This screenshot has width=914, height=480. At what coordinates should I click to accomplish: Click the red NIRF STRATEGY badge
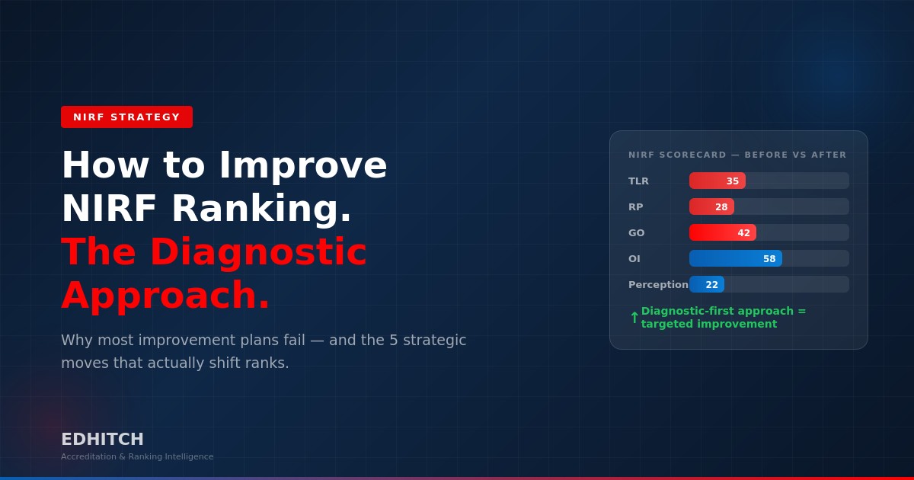pyautogui.click(x=126, y=117)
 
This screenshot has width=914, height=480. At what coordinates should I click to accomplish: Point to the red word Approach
pyautogui.click(x=165, y=296)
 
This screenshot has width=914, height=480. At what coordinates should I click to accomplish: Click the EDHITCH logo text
pyautogui.click(x=102, y=440)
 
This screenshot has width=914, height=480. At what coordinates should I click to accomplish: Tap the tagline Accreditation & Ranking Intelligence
pyautogui.click(x=137, y=456)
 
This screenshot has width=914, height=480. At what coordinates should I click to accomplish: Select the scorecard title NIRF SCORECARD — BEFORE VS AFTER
pyautogui.click(x=737, y=155)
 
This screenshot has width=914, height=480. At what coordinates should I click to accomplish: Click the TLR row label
pyautogui.click(x=638, y=181)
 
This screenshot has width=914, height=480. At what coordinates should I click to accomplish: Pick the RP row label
pyautogui.click(x=635, y=206)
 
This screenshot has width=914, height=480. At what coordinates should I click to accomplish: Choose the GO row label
pyautogui.click(x=636, y=232)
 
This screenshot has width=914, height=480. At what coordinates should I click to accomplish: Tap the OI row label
pyautogui.click(x=634, y=258)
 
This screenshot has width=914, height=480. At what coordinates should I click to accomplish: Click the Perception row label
pyautogui.click(x=658, y=284)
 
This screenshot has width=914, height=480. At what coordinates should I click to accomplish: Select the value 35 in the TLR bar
pyautogui.click(x=732, y=181)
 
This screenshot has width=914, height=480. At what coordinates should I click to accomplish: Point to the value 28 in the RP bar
pyautogui.click(x=721, y=206)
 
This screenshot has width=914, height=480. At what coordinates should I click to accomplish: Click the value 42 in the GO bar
pyautogui.click(x=743, y=232)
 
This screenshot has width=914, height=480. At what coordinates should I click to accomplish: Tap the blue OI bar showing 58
pyautogui.click(x=735, y=258)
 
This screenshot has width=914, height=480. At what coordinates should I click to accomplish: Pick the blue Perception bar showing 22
pyautogui.click(x=706, y=284)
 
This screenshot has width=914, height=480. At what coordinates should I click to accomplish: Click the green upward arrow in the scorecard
pyautogui.click(x=634, y=318)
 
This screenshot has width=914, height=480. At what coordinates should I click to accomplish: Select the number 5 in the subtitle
pyautogui.click(x=394, y=340)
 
